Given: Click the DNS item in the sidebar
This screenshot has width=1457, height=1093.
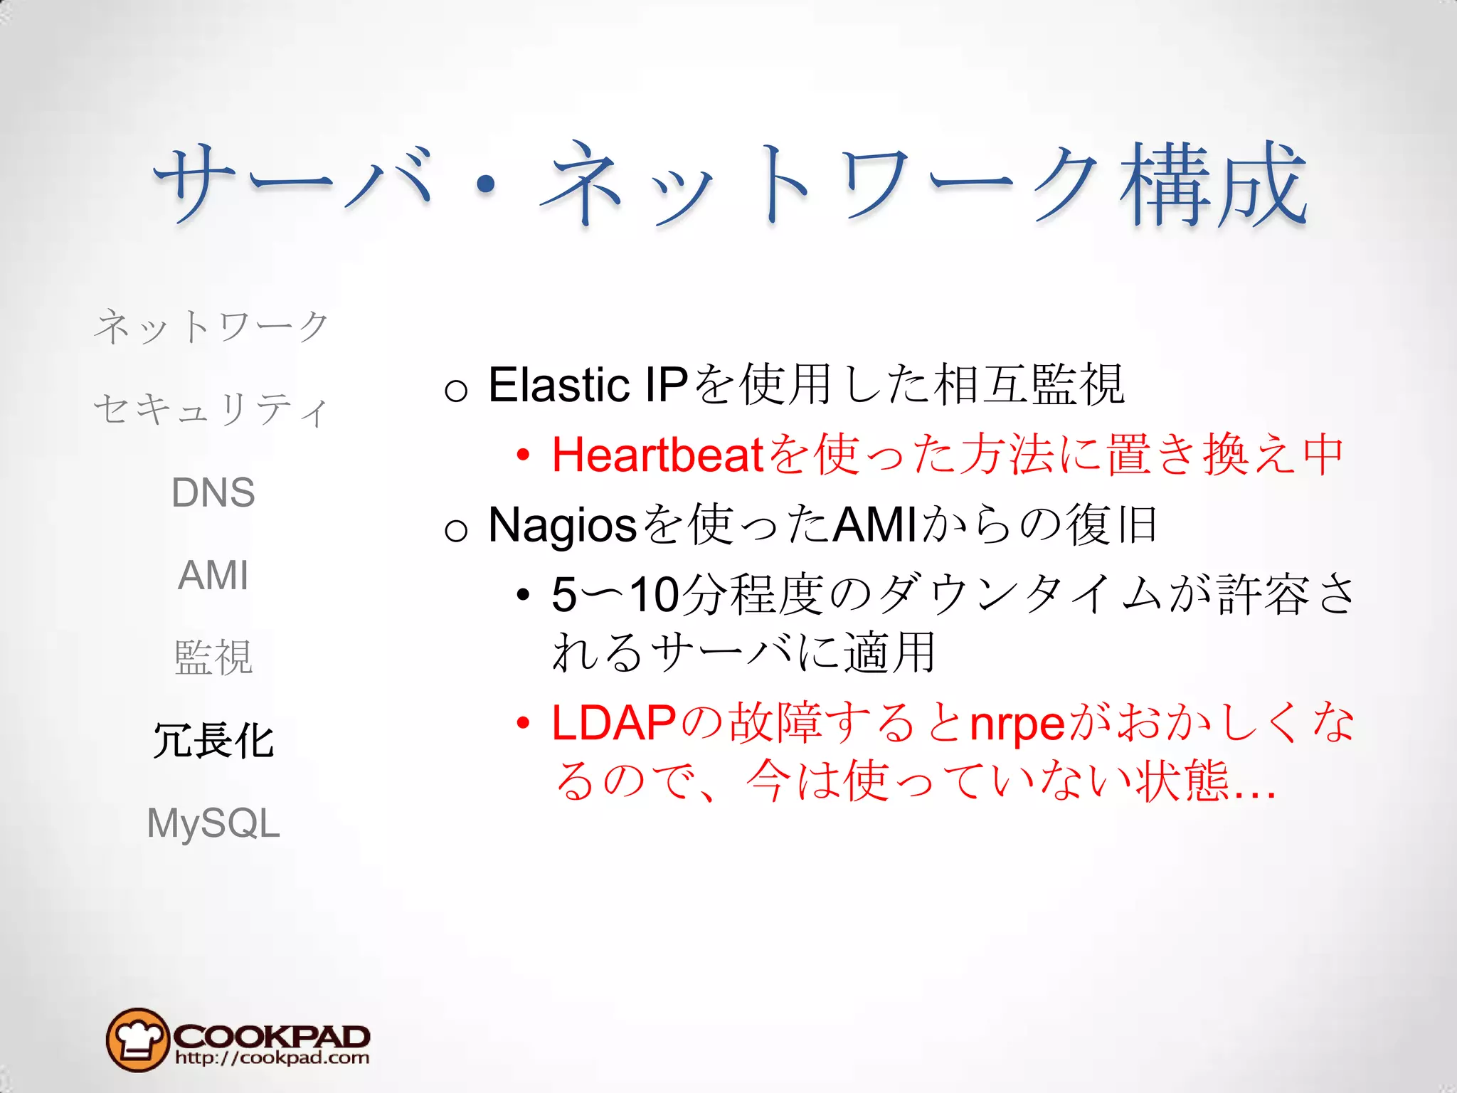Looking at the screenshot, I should pos(213,492).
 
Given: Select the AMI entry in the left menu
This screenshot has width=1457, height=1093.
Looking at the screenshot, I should pos(213,575).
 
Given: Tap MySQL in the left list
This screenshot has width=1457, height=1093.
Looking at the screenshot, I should pos(213,823).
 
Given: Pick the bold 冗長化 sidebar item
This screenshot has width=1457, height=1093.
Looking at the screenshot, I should pos(213,741).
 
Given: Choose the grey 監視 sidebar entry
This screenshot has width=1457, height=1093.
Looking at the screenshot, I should pos(213,658).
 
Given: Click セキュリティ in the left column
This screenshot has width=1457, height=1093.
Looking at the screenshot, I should pos(211,410).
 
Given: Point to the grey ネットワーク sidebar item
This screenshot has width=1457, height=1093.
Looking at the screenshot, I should pos(211,327).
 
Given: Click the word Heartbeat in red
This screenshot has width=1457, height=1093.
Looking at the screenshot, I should pos(657,455).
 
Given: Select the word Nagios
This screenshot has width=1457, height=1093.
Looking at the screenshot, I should pos(562,525).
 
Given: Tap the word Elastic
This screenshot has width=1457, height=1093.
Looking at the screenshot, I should pos(558,385).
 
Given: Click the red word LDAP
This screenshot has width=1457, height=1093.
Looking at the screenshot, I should pos(613,723).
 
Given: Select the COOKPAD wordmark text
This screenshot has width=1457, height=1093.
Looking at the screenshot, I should pos(271,1035).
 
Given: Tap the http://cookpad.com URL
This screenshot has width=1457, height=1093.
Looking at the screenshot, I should pos(272,1058).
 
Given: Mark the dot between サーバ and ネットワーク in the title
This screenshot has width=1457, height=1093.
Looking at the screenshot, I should pos(486,186).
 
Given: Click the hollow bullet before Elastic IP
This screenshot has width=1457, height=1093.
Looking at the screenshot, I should pos(456,389).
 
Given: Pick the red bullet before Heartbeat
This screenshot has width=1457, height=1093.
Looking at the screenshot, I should pos(524,455).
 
